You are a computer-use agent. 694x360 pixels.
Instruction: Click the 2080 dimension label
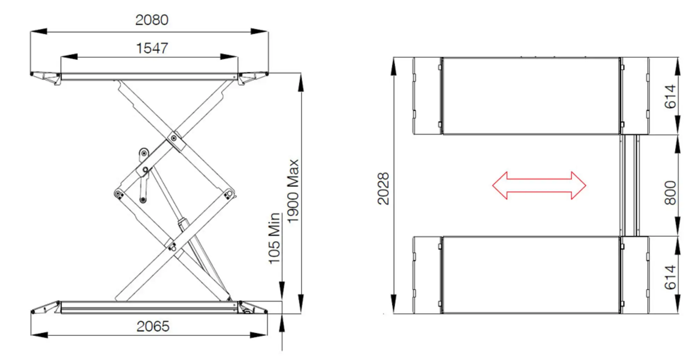pyautogui.click(x=152, y=20)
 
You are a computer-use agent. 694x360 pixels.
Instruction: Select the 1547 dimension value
pyautogui.click(x=152, y=48)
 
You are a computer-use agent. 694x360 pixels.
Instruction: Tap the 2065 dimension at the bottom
pyautogui.click(x=153, y=326)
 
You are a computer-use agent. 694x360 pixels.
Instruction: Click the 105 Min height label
pyautogui.click(x=274, y=238)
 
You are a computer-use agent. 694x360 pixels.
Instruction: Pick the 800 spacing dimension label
pyautogui.click(x=670, y=192)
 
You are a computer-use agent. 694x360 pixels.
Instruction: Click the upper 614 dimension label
pyautogui.click(x=670, y=96)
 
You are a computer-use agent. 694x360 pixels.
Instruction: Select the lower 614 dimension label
pyautogui.click(x=670, y=277)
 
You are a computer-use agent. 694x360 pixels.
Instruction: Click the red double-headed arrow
pyautogui.click(x=539, y=186)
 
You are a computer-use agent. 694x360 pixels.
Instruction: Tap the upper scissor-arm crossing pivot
pyautogui.click(x=173, y=138)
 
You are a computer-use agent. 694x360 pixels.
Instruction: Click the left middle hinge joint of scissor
pyautogui.click(x=119, y=193)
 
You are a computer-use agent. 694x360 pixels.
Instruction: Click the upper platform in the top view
pyautogui.click(x=531, y=96)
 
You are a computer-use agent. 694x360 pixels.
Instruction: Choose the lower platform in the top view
pyautogui.click(x=531, y=275)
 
